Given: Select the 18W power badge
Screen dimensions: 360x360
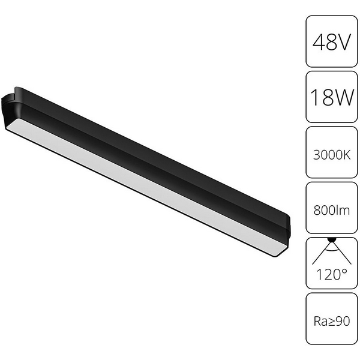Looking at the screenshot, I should tap(332, 97).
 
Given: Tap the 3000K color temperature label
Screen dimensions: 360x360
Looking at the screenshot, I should tap(332, 154).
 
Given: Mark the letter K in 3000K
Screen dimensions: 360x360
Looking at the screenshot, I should tap(347, 154).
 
